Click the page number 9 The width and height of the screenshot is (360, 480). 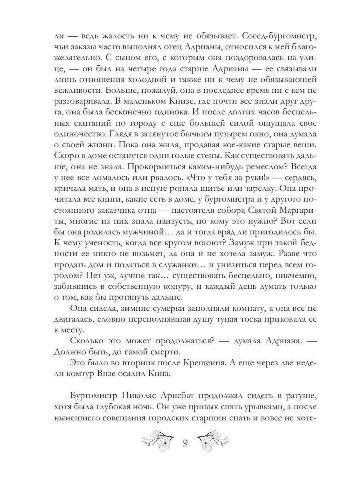(185, 443)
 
